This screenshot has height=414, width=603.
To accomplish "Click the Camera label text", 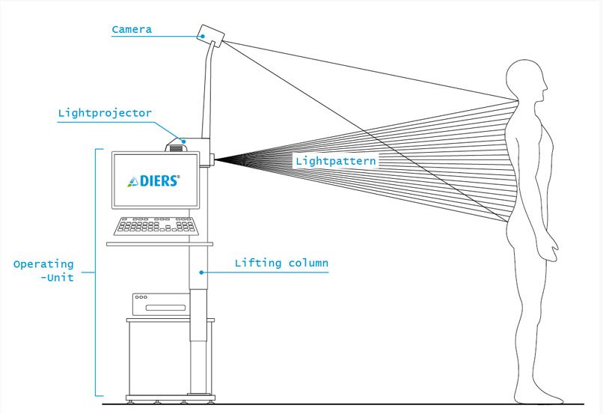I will (132, 30).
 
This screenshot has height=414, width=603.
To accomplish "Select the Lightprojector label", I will (105, 114).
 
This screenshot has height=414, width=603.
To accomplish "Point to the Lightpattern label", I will (335, 160).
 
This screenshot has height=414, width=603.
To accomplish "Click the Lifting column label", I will (281, 264).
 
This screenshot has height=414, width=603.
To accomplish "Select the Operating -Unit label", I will (45, 272).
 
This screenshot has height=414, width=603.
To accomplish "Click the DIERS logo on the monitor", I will (154, 180).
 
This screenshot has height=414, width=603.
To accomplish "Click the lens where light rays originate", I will (215, 158).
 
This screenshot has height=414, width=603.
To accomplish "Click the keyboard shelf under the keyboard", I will (159, 243).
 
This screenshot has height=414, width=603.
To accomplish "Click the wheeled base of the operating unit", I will (168, 398).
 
